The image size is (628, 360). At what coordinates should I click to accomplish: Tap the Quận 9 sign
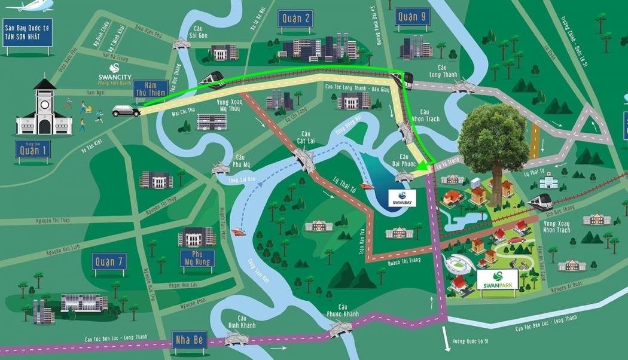pos(412,17)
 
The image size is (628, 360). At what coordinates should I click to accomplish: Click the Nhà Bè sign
pos(189,340)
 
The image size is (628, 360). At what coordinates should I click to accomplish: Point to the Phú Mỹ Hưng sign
pos(197,258)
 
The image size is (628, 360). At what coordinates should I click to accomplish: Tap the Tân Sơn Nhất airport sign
pos(28,32)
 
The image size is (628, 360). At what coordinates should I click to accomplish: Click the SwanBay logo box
pos(401,198)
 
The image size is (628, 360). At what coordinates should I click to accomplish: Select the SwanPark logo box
pos(498,282)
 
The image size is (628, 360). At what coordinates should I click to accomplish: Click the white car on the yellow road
pos(126,111)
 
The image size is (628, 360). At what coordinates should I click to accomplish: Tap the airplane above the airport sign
pos(30,6)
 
